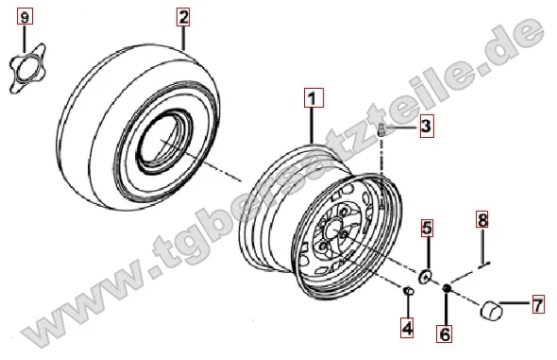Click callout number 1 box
tap(313, 97)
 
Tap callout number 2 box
tap(183, 17)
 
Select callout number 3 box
tap(426, 126)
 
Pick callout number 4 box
tap(407, 327)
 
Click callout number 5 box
tap(428, 228)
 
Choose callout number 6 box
tap(445, 333)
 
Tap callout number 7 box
tap(538, 304)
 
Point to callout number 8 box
tap(482, 219)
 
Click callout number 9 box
tap(25, 16)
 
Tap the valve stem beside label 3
tap(381, 129)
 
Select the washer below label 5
tap(425, 276)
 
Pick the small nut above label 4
tap(408, 290)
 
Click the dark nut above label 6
tap(447, 287)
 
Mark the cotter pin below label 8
tap(483, 265)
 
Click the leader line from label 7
tap(515, 302)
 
